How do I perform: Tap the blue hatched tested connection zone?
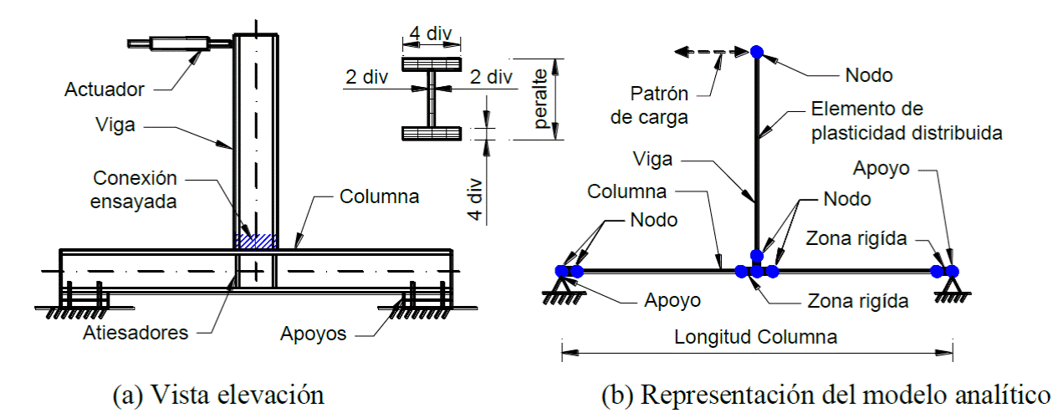tap(255, 241)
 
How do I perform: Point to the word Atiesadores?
tap(135, 333)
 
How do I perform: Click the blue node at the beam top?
tap(756, 52)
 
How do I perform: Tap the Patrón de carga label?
tap(649, 105)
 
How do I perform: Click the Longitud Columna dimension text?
tap(756, 338)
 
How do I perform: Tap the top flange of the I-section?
tap(431, 64)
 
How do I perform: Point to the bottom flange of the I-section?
tap(431, 133)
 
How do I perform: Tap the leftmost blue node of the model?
tap(562, 271)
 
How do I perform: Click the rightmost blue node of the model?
tap(952, 271)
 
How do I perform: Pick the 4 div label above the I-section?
tap(431, 35)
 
